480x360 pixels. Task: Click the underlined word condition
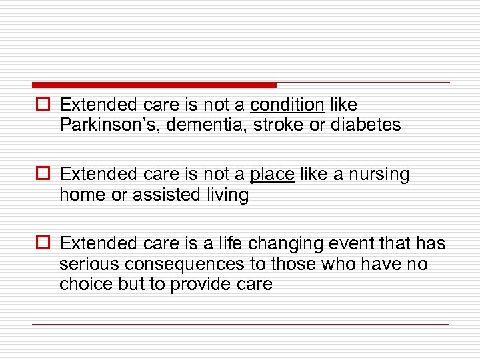(x=287, y=105)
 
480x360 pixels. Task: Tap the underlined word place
(x=272, y=175)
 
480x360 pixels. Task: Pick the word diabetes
(x=366, y=125)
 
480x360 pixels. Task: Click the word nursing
(x=377, y=175)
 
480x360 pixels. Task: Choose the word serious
(x=85, y=265)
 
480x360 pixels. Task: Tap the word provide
(x=201, y=284)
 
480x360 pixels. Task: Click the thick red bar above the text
(x=153, y=85)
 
